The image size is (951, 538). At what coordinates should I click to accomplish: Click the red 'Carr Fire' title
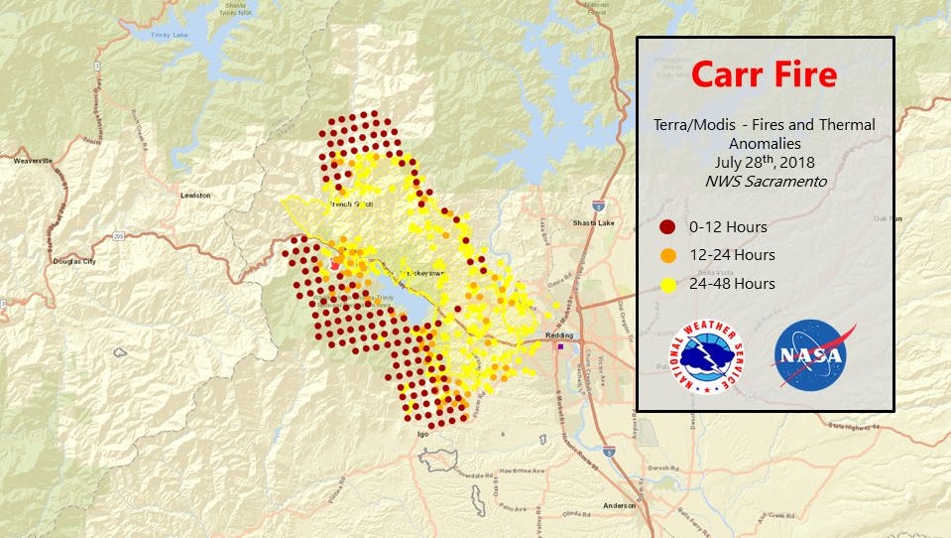pos(764,74)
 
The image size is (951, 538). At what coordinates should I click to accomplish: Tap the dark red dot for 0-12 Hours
pos(667,226)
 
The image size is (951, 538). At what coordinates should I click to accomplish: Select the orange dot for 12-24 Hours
pos(667,255)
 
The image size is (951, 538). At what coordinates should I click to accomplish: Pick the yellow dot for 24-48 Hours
pos(667,284)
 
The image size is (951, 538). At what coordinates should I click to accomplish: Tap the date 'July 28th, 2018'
pos(764,162)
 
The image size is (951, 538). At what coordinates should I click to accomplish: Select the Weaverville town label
pos(33,160)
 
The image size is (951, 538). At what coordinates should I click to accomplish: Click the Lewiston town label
pos(195,196)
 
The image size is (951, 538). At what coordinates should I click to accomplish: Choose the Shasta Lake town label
pos(594,223)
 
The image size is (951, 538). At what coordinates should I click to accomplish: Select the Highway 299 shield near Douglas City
pos(118,236)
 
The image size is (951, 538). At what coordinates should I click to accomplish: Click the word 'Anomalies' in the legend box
pos(764,143)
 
